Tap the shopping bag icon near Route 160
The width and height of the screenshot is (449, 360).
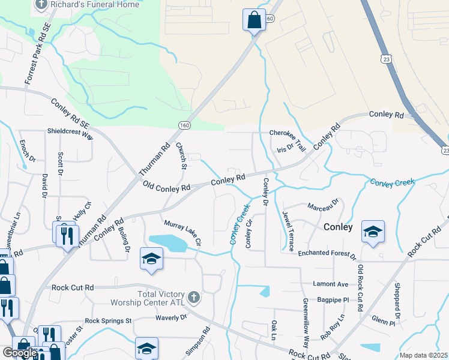[254, 20]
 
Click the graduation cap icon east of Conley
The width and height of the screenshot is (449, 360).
[373, 232]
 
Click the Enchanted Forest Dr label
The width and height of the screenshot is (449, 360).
[328, 254]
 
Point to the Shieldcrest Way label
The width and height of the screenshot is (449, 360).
[70, 134]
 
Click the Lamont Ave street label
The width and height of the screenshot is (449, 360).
[331, 284]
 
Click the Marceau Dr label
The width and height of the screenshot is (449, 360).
[323, 205]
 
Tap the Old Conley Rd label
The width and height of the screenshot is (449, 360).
[166, 187]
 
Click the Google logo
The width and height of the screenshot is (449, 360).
[20, 353]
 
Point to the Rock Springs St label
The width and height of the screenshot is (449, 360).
[108, 321]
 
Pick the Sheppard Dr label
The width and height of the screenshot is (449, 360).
[397, 300]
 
